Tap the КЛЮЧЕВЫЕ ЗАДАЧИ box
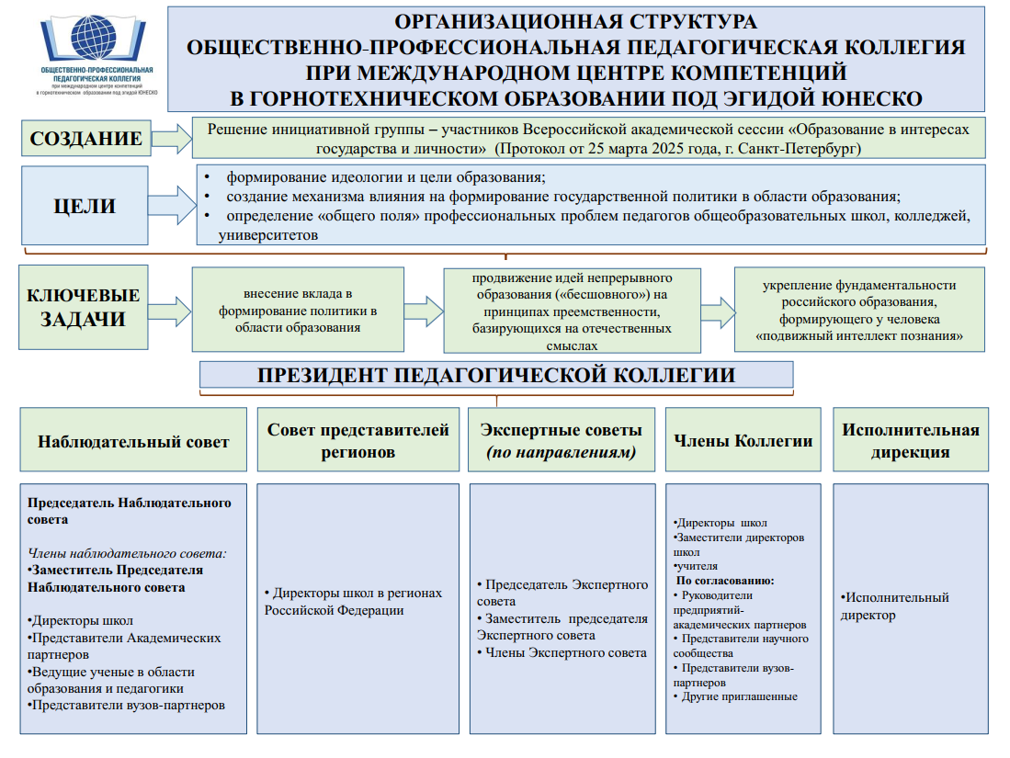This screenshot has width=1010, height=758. (84, 308)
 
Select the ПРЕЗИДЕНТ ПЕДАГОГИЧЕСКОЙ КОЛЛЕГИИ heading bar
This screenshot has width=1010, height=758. (496, 375)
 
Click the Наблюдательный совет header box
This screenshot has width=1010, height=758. (133, 441)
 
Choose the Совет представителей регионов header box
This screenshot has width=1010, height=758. (358, 441)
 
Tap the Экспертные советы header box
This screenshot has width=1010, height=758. (561, 441)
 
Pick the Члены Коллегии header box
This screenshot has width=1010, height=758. (743, 441)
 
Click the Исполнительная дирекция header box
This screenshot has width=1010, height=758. (910, 441)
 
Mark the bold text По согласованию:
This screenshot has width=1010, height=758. (725, 581)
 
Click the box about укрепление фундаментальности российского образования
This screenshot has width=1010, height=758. (859, 311)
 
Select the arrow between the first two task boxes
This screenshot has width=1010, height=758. (423, 309)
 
